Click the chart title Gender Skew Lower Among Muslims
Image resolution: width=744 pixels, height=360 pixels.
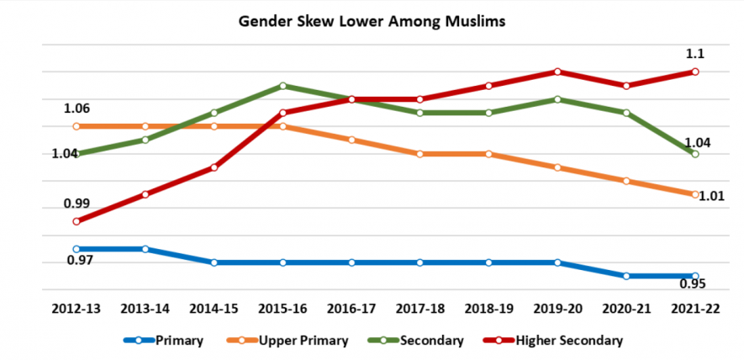[x=371, y=22]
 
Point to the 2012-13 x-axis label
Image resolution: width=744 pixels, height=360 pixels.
[x=77, y=309]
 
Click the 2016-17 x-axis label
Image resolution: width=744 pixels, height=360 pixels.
[x=351, y=309]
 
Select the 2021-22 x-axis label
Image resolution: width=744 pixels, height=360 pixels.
[x=695, y=309]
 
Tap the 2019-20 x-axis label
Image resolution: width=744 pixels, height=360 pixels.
[x=557, y=309]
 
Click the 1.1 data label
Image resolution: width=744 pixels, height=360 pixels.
[x=695, y=54]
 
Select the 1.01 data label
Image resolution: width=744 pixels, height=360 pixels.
[x=712, y=197]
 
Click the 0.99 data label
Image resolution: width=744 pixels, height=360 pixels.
[x=77, y=204]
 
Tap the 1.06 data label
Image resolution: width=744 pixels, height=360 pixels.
[x=77, y=109]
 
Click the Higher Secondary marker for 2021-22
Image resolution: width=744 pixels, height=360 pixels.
[x=695, y=72]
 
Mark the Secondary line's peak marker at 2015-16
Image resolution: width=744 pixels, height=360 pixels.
[x=282, y=86]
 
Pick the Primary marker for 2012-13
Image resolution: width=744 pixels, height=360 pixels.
[x=77, y=249]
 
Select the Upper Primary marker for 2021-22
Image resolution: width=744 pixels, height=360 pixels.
[x=695, y=194]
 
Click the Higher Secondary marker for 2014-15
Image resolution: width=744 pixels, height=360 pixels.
[x=214, y=167]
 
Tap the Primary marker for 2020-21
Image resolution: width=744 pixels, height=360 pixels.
[x=626, y=276]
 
